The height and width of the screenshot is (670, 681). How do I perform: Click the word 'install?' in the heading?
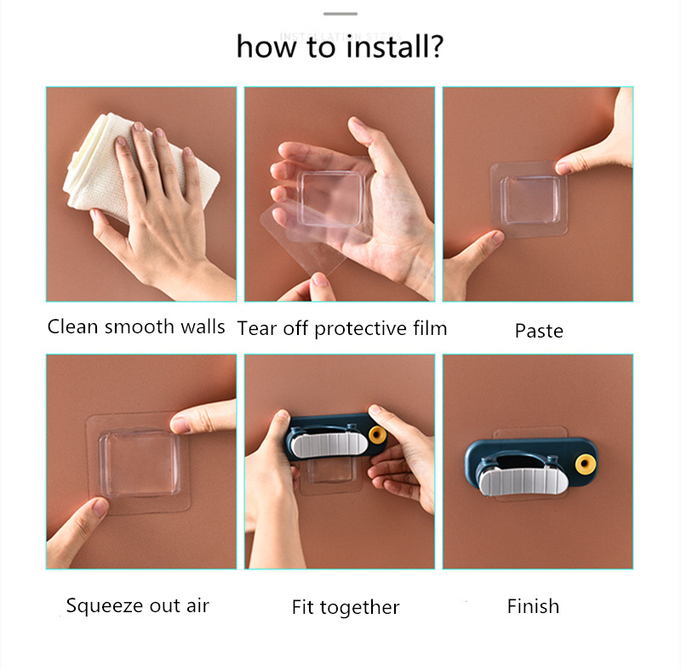click(395, 47)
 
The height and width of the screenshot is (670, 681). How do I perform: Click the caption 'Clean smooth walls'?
click(136, 326)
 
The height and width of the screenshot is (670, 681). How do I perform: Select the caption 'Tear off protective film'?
click(342, 328)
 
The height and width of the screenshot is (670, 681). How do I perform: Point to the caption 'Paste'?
click(539, 331)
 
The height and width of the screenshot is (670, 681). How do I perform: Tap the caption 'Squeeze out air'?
click(138, 605)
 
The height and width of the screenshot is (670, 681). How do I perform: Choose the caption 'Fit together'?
click(346, 607)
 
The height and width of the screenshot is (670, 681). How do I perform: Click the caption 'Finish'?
click(533, 606)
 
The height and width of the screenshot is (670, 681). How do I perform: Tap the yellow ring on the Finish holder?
click(585, 464)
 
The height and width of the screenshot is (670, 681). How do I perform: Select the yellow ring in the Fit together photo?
click(377, 434)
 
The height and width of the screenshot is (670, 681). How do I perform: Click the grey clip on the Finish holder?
click(523, 480)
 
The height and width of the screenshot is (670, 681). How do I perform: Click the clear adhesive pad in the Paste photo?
click(529, 200)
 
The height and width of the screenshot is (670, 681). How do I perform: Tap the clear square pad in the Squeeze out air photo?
click(139, 463)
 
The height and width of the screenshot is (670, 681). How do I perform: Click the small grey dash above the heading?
click(340, 14)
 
